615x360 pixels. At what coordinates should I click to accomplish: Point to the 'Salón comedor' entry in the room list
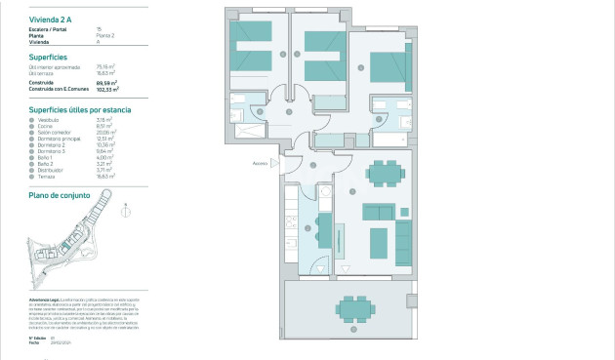click(54, 132)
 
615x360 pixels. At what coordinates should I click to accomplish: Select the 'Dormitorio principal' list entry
click(59, 139)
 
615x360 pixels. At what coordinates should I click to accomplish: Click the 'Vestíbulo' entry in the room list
click(48, 120)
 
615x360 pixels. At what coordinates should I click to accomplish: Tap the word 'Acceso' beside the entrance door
click(260, 163)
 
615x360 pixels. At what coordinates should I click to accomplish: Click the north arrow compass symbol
click(123, 207)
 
